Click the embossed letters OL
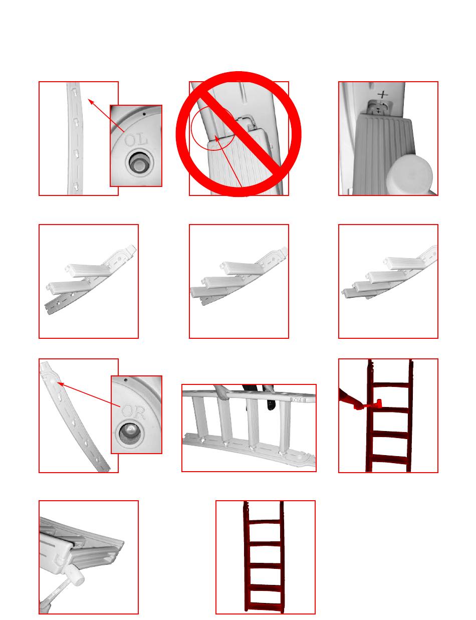click(x=136, y=140)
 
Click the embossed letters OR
click(x=133, y=411)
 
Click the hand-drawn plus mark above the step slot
click(x=382, y=95)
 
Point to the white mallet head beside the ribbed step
click(x=409, y=174)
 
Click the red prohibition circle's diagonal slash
click(x=239, y=134)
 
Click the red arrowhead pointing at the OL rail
click(x=91, y=102)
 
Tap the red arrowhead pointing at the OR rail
click(x=61, y=384)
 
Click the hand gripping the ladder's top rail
click(x=221, y=392)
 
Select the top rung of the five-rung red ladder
click(x=265, y=522)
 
